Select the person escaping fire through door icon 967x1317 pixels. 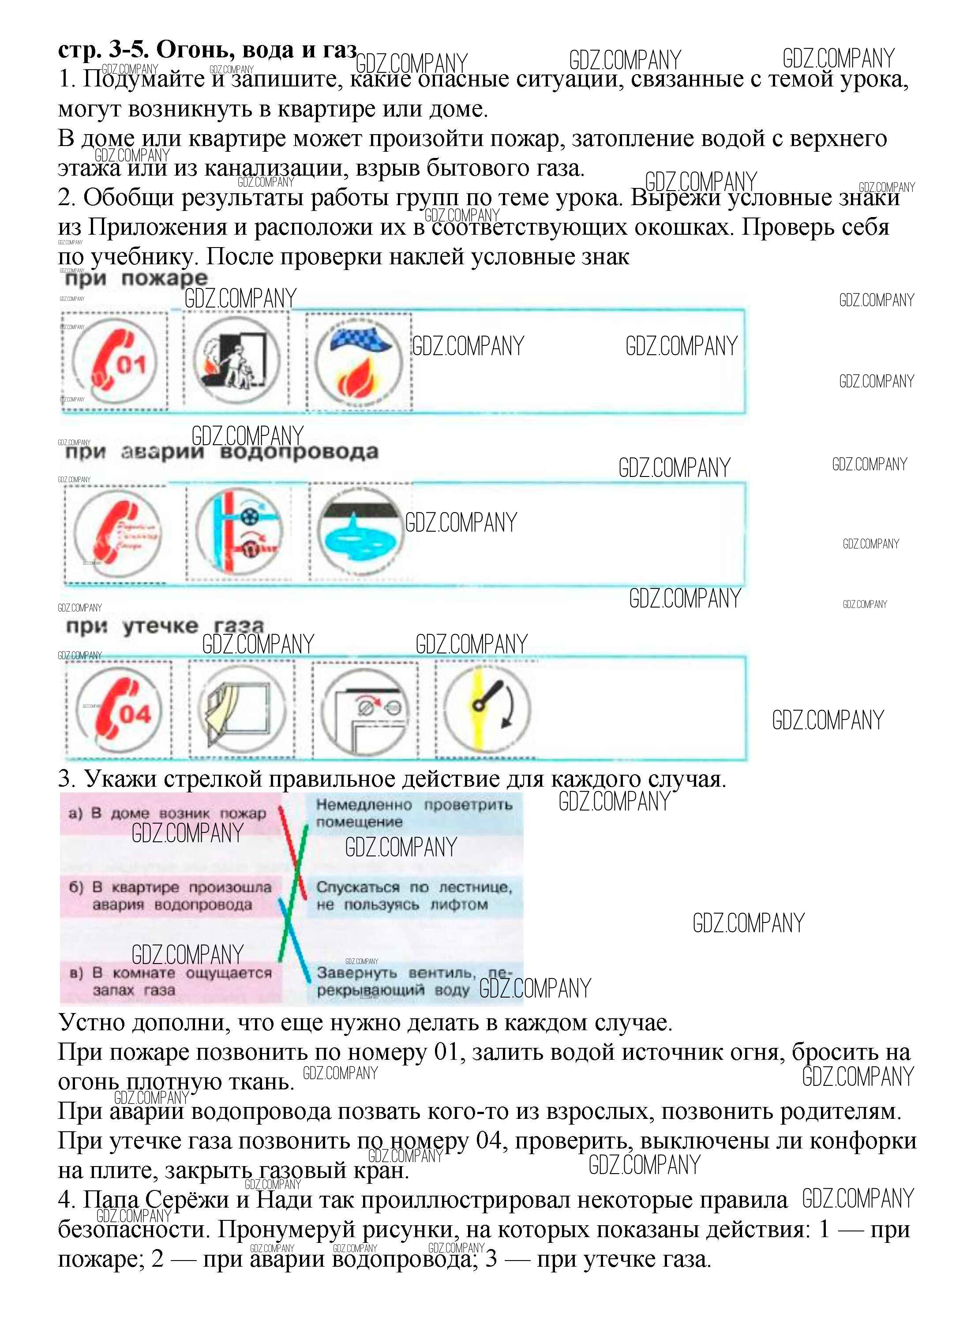236,360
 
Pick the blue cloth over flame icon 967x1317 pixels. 359,362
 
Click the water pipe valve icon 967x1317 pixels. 240,531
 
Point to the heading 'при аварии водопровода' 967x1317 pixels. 221,452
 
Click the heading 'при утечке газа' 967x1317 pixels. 165,627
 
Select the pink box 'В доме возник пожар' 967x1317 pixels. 170,814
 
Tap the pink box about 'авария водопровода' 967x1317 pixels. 170,896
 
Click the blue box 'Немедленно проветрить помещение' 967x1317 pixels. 414,814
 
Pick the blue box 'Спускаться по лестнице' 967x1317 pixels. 414,896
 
